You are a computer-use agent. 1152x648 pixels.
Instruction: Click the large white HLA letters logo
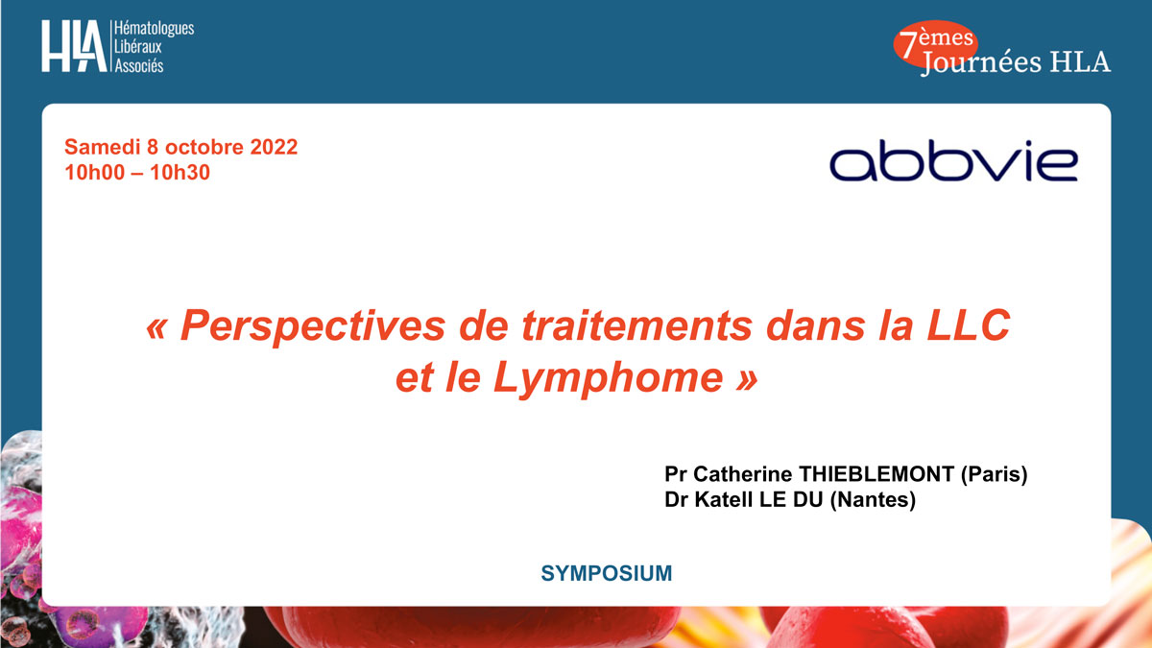pos(74,46)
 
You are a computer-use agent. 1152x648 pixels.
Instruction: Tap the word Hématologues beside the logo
pos(154,29)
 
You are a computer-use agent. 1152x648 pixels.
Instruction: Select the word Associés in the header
pos(139,66)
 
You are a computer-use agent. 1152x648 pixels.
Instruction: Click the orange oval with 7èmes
pos(935,44)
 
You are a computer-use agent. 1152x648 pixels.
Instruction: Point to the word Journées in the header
pos(981,62)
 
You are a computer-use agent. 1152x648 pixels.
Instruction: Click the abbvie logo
pos(953,160)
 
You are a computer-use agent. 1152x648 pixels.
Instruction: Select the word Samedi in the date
pos(103,147)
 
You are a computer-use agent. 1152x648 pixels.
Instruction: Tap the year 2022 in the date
pos(274,147)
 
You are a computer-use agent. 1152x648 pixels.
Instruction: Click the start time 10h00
pos(95,172)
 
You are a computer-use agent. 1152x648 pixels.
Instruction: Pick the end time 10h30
pos(180,172)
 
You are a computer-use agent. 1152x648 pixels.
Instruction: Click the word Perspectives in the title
pos(313,326)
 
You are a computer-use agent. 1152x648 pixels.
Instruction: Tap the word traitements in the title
pos(637,326)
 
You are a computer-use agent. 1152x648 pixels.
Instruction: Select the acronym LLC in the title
pos(968,325)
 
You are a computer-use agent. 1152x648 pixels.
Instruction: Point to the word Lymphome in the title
pos(609,379)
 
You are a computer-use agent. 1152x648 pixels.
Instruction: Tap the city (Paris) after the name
pos(995,474)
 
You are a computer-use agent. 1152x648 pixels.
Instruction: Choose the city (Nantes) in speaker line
pos(873,500)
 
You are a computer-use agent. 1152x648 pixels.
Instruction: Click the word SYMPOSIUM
pos(607,573)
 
